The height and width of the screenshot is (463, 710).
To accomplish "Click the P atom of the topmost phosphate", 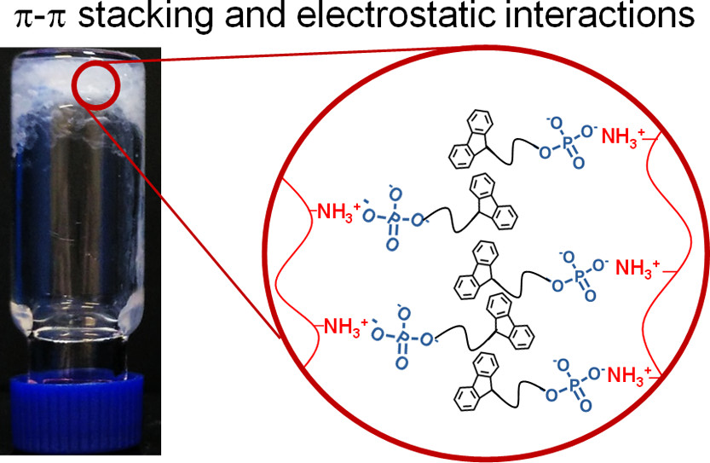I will (x=568, y=145).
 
